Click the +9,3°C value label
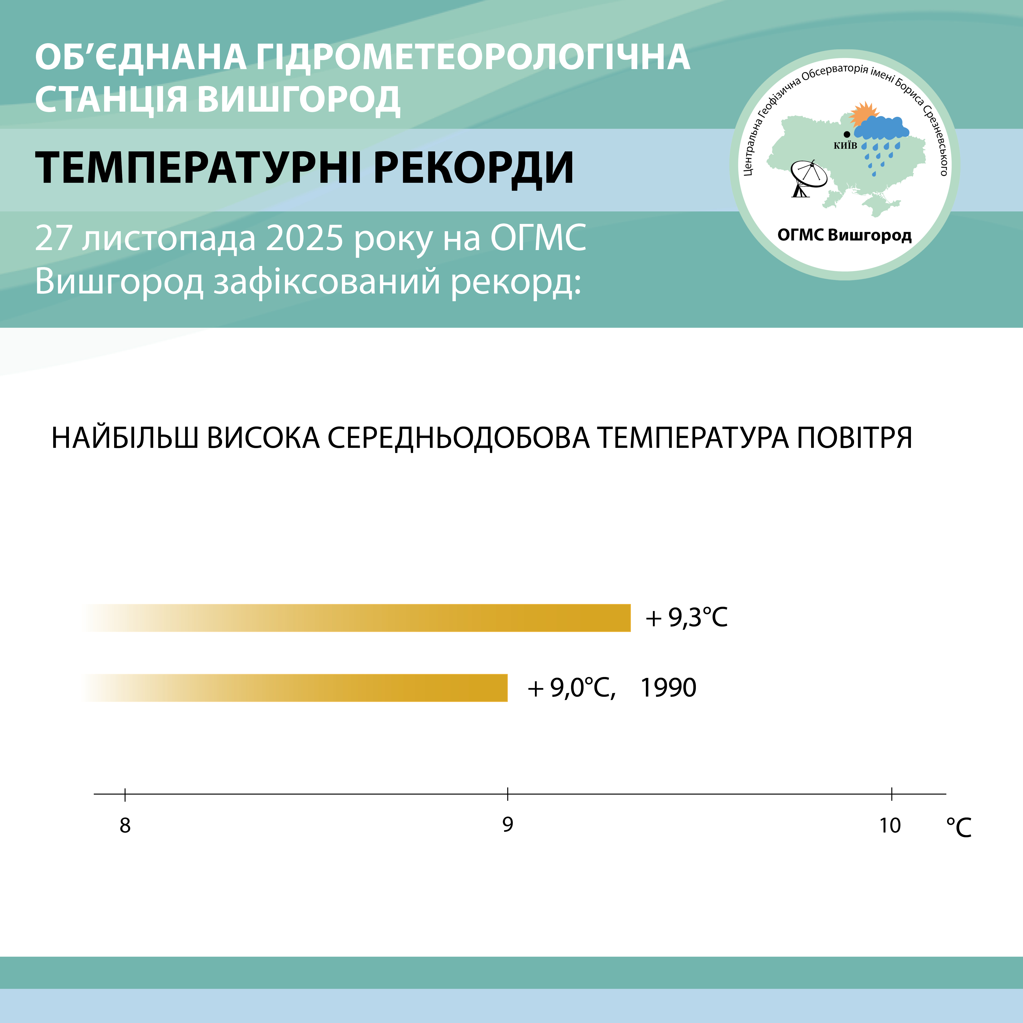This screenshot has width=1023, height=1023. pos(686,617)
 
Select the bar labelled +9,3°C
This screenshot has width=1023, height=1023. pos(357,617)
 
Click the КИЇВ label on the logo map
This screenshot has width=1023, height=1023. pos(845,146)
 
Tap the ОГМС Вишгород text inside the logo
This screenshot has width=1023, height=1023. pos(845,235)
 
